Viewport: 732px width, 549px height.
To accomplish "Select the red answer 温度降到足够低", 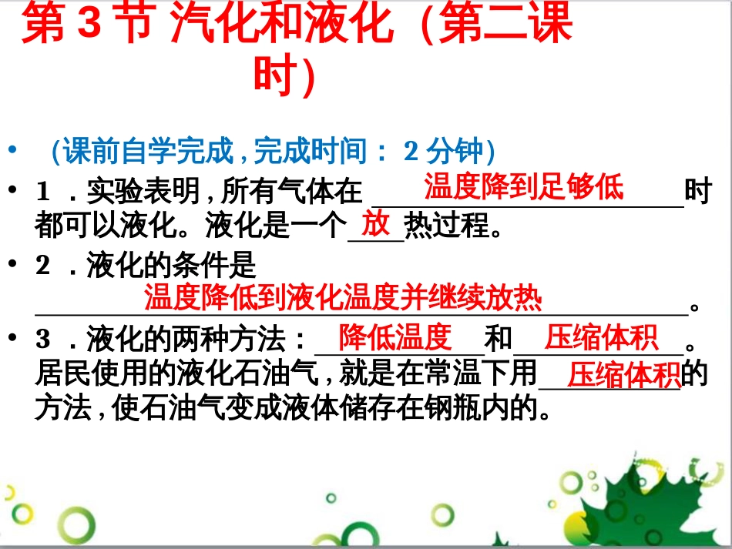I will [524, 186].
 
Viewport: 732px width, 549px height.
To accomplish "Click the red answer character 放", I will [376, 224].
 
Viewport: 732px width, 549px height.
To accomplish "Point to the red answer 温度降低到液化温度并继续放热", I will [343, 297].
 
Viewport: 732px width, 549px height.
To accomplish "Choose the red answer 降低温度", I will [396, 337].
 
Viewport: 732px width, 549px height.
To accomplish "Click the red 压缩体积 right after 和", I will [601, 337].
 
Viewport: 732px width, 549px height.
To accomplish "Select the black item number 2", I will [43, 266].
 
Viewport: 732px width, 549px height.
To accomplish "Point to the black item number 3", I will [43, 339].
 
